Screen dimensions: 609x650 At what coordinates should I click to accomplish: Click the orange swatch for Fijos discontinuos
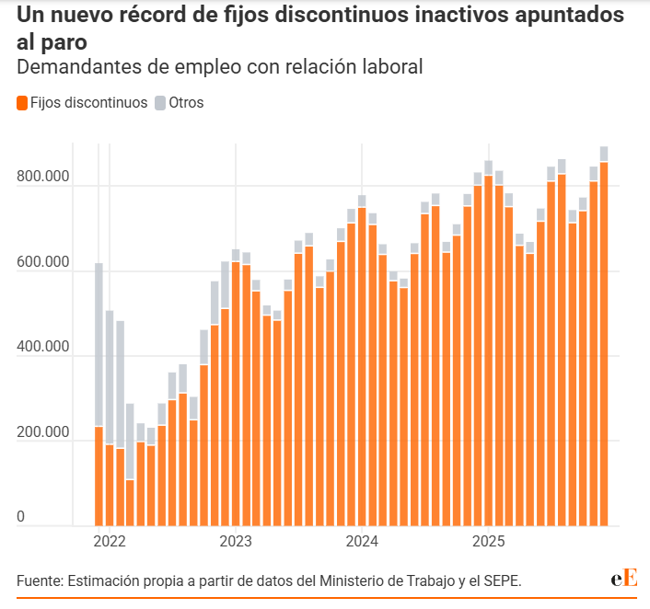tap(22, 103)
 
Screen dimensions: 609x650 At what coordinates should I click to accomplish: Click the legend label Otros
tap(186, 103)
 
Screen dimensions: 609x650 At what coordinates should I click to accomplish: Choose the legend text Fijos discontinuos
tap(88, 103)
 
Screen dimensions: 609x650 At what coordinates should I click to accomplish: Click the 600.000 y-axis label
tap(43, 262)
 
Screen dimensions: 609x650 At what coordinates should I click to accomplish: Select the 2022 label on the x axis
tap(109, 541)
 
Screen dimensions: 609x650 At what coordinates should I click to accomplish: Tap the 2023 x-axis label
tap(236, 541)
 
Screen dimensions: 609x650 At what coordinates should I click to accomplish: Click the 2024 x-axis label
tap(362, 541)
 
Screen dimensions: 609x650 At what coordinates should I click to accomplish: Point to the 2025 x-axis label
tap(488, 541)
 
